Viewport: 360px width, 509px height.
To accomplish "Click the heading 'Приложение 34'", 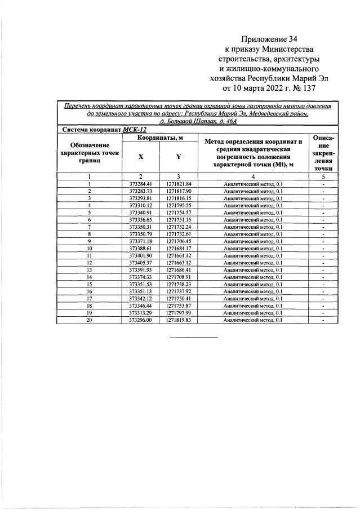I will point(269,39).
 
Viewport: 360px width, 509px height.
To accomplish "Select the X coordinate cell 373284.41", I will point(140,184).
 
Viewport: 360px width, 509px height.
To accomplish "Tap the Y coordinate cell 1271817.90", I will point(179,191).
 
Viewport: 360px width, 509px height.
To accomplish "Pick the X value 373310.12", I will point(140,205).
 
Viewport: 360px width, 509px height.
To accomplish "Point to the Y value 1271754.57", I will point(179,213).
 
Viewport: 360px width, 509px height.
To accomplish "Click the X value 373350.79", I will point(140,234).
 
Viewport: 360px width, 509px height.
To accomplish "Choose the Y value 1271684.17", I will point(179,248).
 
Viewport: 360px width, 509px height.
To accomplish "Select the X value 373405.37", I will point(140,263).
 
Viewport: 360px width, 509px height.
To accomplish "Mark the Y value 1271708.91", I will point(179,277).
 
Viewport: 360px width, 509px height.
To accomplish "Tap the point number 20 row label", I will point(90,320).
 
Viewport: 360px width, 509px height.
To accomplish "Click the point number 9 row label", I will point(90,241).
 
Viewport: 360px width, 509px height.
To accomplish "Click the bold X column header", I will point(140,157).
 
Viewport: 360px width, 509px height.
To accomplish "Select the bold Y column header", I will point(179,157).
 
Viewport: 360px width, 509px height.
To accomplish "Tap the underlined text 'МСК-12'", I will point(135,129).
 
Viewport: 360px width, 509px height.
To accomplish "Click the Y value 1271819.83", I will point(179,320).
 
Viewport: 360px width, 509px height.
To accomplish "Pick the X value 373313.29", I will point(140,312).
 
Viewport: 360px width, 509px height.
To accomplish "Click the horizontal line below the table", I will point(194,338).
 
